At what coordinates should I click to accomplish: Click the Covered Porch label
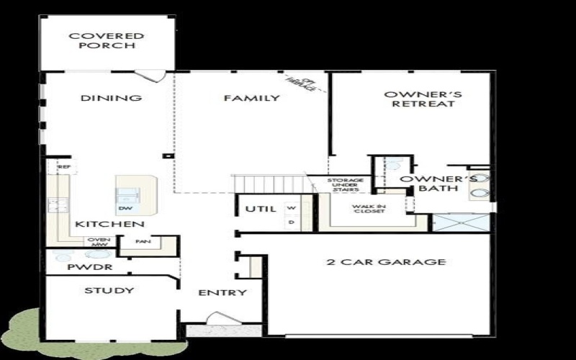(107, 40)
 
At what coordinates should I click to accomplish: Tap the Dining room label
(110, 98)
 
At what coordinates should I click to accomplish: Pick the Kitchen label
(105, 225)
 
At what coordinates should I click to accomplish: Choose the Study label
(109, 291)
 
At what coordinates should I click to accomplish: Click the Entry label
(222, 292)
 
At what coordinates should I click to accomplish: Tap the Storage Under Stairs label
(345, 185)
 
